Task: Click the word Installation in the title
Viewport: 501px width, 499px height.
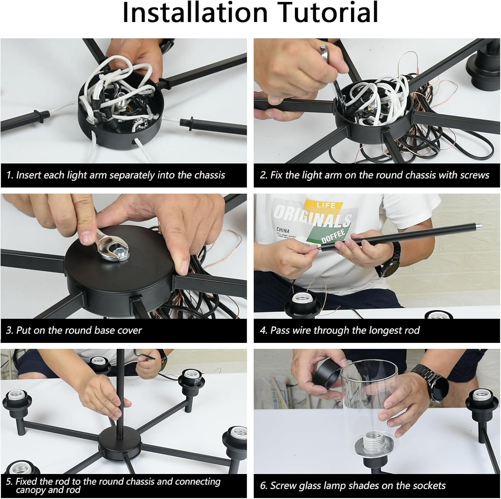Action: [195, 13]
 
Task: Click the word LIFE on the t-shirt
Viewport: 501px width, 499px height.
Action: [326, 205]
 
